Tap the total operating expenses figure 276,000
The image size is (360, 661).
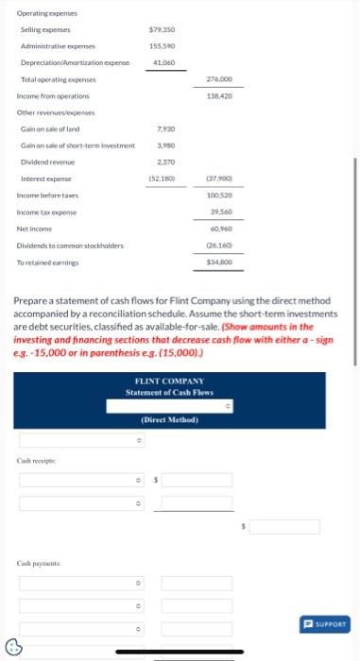tap(219, 79)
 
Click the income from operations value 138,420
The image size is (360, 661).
tap(219, 95)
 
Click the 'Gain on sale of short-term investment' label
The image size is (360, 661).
tap(77, 144)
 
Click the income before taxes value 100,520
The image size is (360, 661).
tap(219, 195)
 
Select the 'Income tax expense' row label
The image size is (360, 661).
tap(44, 212)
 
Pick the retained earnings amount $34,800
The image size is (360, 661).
tap(219, 262)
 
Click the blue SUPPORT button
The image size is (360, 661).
tap(325, 623)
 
